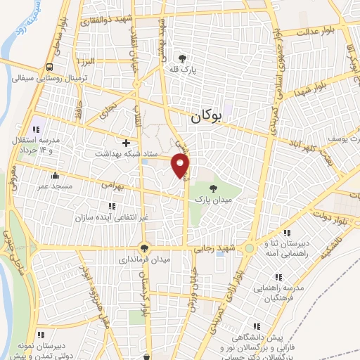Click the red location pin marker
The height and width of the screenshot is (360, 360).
pos(181,165)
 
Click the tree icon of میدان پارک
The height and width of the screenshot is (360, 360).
pos(212,188)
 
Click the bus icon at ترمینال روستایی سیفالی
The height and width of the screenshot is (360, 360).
pos(50,67)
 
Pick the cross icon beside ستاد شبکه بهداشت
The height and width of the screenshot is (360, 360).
pos(127,143)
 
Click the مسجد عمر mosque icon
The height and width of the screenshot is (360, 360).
pos(55,175)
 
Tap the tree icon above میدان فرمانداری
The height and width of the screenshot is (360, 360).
pos(144,248)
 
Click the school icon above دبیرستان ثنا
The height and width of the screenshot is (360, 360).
pos(286,233)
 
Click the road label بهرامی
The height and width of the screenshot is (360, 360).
pos(111,186)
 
